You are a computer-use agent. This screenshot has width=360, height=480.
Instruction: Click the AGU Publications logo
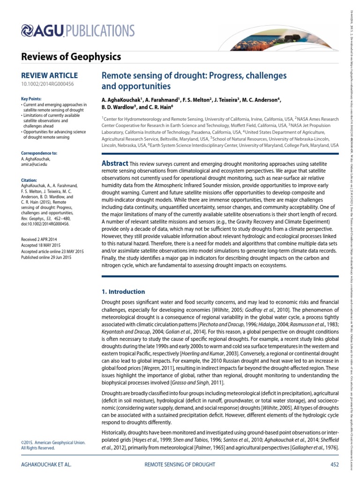point(78,31)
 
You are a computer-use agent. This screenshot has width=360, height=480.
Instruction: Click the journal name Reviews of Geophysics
point(71,57)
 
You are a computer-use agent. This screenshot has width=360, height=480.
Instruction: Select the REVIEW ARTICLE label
point(50,75)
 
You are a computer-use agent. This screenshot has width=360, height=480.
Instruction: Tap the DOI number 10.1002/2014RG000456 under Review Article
point(47,84)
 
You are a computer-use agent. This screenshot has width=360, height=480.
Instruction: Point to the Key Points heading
point(31,99)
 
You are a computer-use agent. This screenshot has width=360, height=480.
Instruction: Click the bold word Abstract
point(115,163)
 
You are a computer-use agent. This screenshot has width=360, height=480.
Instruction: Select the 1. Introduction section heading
point(124,292)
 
